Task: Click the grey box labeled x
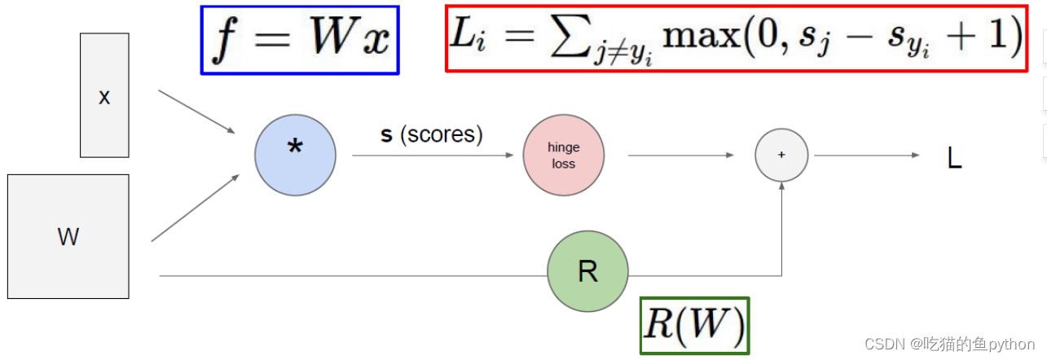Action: coord(104,95)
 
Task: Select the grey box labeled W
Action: coord(68,236)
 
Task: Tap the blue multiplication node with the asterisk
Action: coord(295,156)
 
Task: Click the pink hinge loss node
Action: coord(563,156)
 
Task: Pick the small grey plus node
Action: coord(781,155)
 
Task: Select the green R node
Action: coord(587,271)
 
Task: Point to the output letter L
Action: coord(954,158)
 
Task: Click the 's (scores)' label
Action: coord(432,134)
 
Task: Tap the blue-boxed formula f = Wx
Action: coord(300,40)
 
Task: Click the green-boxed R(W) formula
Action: coord(694,326)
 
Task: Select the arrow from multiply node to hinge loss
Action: coord(432,156)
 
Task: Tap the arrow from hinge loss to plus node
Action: coord(680,156)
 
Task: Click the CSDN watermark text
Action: coord(949,344)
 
